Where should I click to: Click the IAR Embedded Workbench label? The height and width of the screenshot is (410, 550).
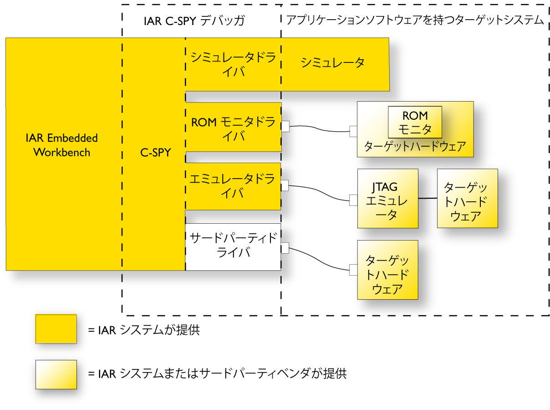61,145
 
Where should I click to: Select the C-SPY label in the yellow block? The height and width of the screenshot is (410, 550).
155,153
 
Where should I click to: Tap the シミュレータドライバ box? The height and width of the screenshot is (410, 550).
233,65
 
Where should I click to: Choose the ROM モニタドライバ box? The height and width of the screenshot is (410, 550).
233,129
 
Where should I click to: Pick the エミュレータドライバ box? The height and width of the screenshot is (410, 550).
233,186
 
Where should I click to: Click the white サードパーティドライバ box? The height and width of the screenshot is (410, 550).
233,246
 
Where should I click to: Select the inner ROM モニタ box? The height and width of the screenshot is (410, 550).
415,123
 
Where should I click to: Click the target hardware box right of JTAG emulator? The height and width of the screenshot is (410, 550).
467,199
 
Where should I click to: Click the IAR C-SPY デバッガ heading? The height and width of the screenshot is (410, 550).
194,21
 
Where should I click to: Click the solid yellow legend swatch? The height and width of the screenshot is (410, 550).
56,328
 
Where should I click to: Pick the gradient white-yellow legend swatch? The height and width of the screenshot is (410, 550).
56,374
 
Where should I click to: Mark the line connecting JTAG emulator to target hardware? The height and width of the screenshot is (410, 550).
428,199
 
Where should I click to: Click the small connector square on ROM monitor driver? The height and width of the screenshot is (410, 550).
285,126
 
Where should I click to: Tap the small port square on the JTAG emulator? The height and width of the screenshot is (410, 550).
353,200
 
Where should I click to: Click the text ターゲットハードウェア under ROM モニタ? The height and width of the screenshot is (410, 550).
415,147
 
